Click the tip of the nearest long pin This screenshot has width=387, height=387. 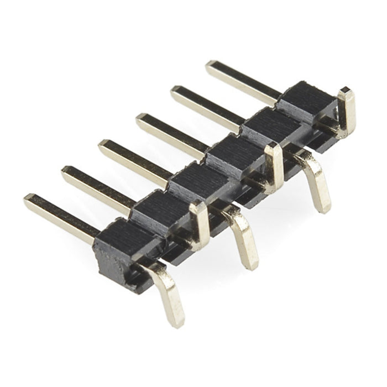coord(29,200)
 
